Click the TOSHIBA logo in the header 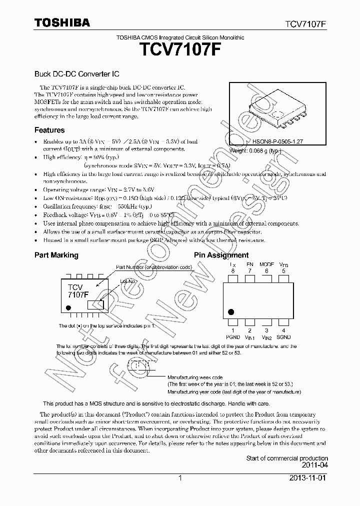click(x=62, y=23)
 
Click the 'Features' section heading click(x=49, y=130)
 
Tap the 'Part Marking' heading click(x=56, y=255)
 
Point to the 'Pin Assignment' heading click(x=221, y=255)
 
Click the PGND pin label click(x=232, y=337)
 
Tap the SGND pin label click(x=283, y=337)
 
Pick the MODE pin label click(x=266, y=264)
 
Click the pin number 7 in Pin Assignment click(x=249, y=270)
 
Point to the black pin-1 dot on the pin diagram click(x=230, y=311)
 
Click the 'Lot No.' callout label click(x=128, y=281)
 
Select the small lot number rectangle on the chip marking click(x=95, y=304)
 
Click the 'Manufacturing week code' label click(x=195, y=377)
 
